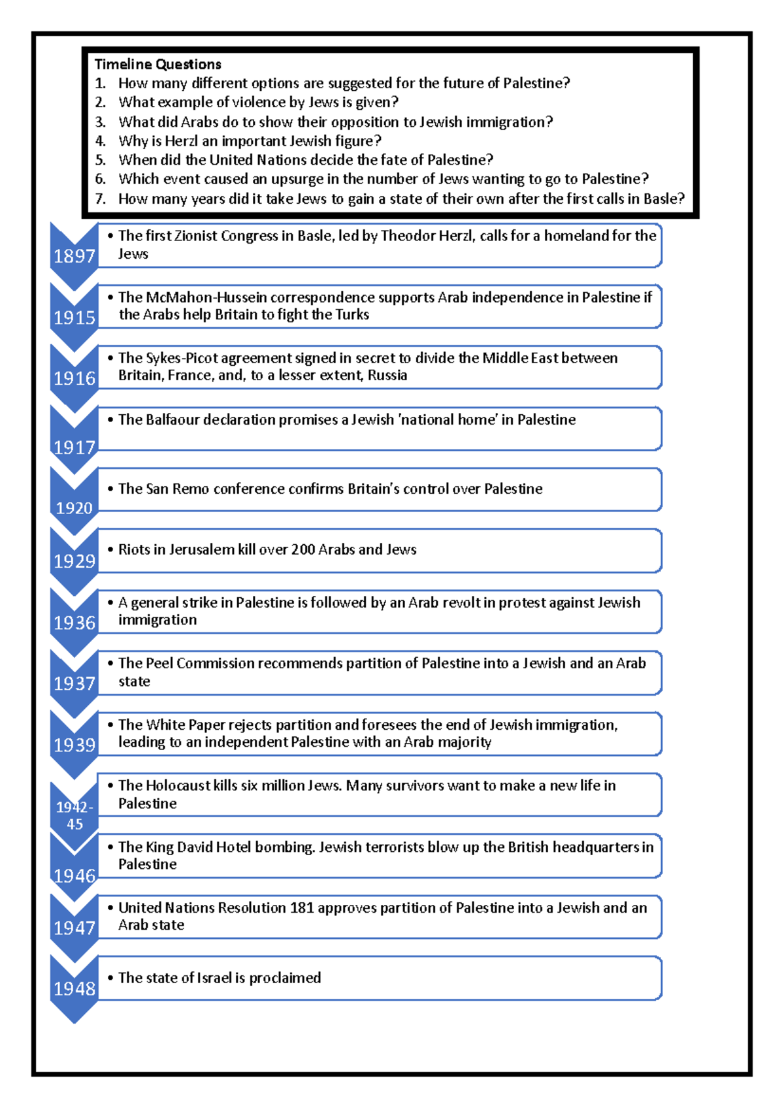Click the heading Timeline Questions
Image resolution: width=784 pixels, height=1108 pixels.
click(x=157, y=64)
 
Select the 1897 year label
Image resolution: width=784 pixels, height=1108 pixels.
click(x=74, y=256)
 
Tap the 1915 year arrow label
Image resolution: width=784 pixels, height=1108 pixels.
click(x=74, y=318)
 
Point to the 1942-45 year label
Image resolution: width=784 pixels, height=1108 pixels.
click(x=74, y=815)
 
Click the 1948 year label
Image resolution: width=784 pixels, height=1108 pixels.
click(x=74, y=988)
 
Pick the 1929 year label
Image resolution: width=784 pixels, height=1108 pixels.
click(x=74, y=561)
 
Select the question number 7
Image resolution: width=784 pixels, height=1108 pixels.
click(x=100, y=199)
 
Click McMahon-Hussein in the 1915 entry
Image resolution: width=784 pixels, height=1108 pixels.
click(x=206, y=297)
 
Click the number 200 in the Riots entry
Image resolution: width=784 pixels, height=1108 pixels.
click(x=303, y=549)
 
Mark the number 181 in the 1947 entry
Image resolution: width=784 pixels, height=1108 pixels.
click(x=302, y=908)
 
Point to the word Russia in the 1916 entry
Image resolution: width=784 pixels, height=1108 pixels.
click(x=387, y=376)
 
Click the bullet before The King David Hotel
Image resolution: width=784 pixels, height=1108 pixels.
click(x=110, y=847)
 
